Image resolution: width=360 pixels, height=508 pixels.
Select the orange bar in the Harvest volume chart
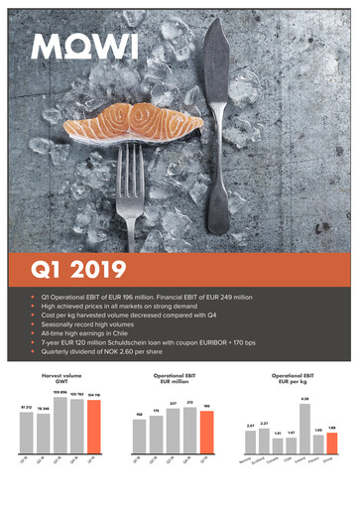[x=92, y=434]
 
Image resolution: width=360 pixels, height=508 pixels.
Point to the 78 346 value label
[x=43, y=408]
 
